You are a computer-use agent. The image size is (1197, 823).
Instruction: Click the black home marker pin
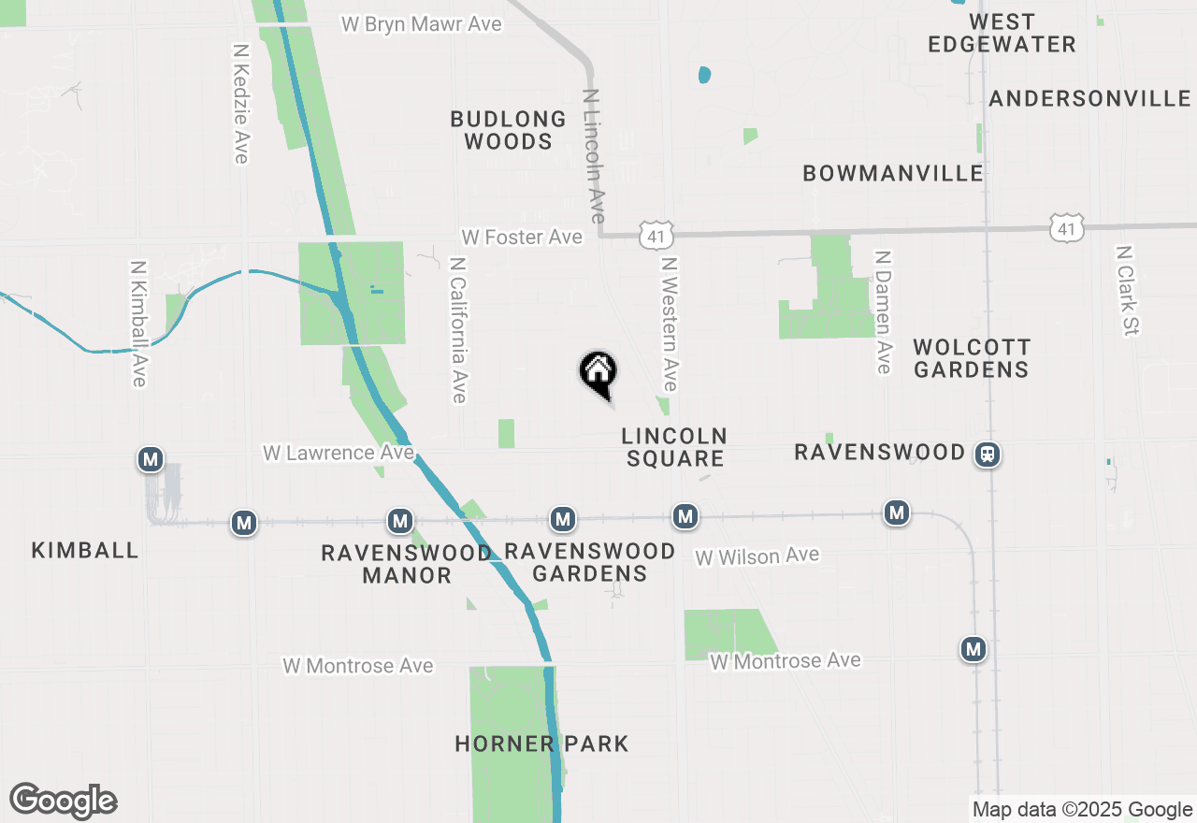click(x=598, y=374)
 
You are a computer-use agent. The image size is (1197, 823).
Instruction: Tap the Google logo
click(x=63, y=801)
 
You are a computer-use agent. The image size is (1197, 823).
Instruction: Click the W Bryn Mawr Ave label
click(x=421, y=24)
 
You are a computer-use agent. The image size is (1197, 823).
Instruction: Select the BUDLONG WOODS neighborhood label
click(x=508, y=130)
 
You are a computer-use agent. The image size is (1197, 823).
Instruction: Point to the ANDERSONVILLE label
click(x=1089, y=99)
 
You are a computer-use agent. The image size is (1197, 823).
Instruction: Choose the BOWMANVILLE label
click(x=893, y=173)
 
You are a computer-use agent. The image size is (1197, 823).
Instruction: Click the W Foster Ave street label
click(x=521, y=238)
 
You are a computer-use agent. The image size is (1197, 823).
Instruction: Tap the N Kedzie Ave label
click(x=241, y=103)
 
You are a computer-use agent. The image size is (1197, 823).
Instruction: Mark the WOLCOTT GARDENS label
click(x=972, y=358)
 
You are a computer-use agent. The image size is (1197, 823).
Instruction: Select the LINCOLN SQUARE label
click(x=674, y=447)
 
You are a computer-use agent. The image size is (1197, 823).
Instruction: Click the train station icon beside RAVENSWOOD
click(x=988, y=455)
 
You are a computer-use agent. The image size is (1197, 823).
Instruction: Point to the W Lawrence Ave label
click(x=338, y=453)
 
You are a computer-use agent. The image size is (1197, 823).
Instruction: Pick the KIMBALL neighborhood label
click(x=85, y=550)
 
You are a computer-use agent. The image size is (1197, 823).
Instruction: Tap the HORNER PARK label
click(x=541, y=744)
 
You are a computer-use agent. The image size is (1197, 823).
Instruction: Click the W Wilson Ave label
click(x=757, y=556)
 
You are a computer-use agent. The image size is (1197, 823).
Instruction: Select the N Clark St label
click(x=1126, y=290)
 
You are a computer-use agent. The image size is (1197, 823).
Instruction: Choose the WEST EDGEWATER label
click(x=1002, y=33)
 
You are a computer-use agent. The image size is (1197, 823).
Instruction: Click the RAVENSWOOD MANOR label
click(x=407, y=564)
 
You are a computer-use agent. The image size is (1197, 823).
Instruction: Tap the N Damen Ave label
click(x=882, y=311)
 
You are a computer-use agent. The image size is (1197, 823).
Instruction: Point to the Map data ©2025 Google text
click(x=1082, y=810)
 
